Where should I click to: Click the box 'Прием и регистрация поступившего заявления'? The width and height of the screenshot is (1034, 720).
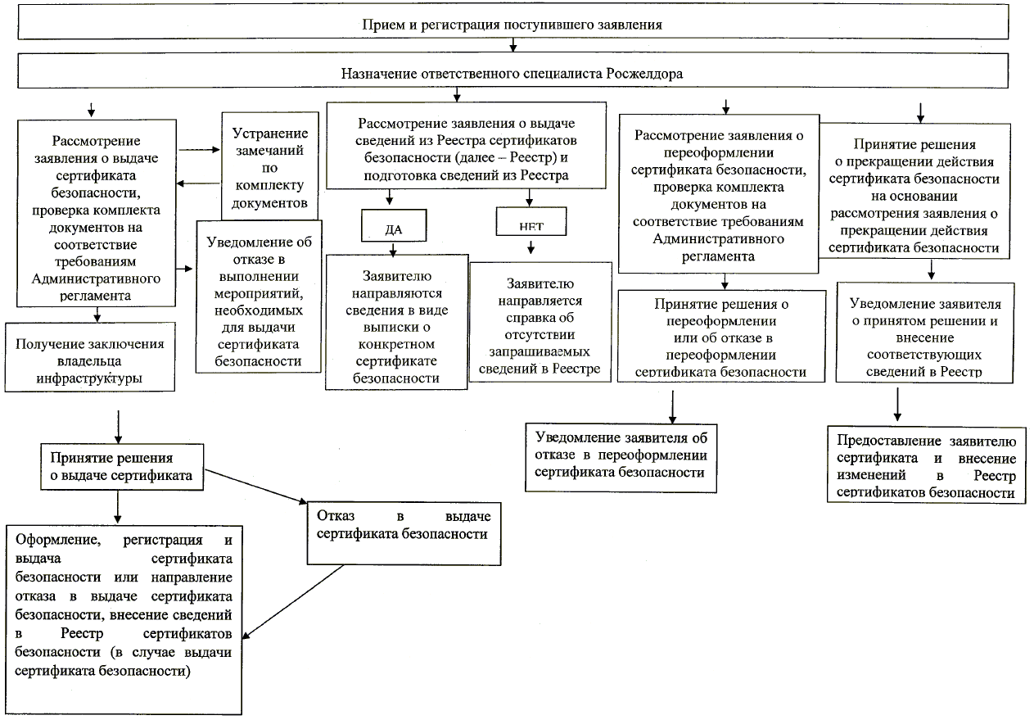512,24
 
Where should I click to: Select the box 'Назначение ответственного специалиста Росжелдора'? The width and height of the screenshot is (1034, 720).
512,72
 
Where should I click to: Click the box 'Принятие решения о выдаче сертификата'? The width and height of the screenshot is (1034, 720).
123,467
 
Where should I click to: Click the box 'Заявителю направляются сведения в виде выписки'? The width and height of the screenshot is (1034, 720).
396,322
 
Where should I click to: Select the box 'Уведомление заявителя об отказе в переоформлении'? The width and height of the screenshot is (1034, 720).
621,457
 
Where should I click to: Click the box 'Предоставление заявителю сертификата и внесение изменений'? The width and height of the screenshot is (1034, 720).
926,464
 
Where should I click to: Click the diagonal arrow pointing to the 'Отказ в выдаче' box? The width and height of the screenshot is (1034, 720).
255,487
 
